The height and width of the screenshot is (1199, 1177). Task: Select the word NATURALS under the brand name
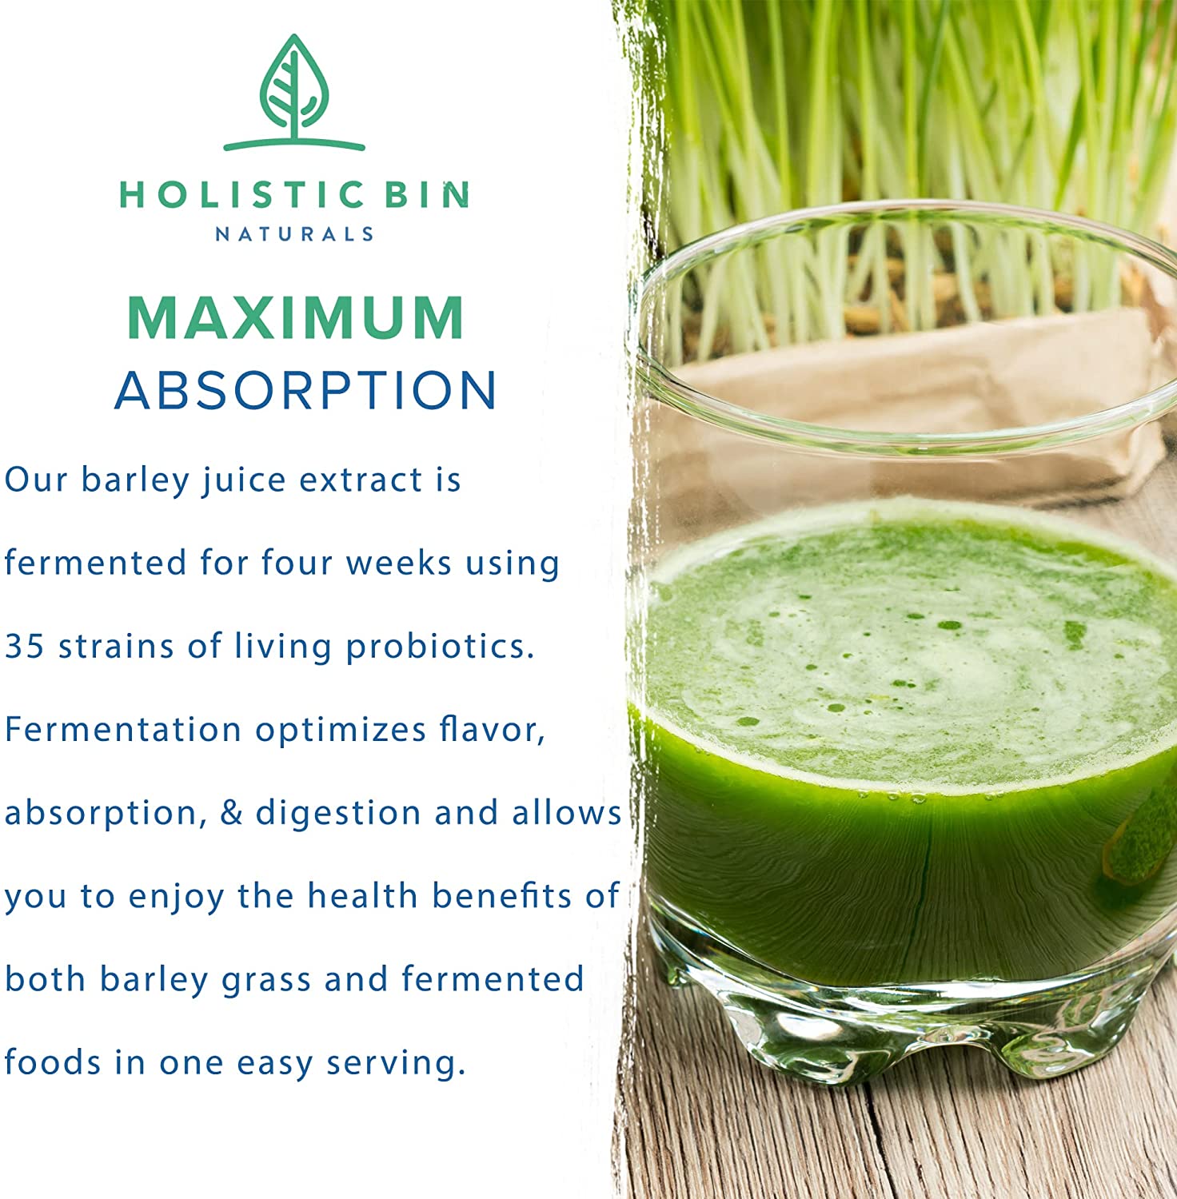tap(294, 234)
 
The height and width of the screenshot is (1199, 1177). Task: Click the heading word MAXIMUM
tap(296, 318)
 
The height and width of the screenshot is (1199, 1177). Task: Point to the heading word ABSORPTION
tap(306, 391)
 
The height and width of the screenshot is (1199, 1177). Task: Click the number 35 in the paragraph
tap(24, 646)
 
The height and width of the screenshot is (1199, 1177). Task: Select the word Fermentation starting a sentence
tap(123, 729)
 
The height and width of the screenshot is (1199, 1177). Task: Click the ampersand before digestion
tap(230, 812)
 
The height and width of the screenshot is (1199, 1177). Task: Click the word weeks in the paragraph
tap(399, 563)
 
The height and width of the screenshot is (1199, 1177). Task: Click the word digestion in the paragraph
tap(338, 814)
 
